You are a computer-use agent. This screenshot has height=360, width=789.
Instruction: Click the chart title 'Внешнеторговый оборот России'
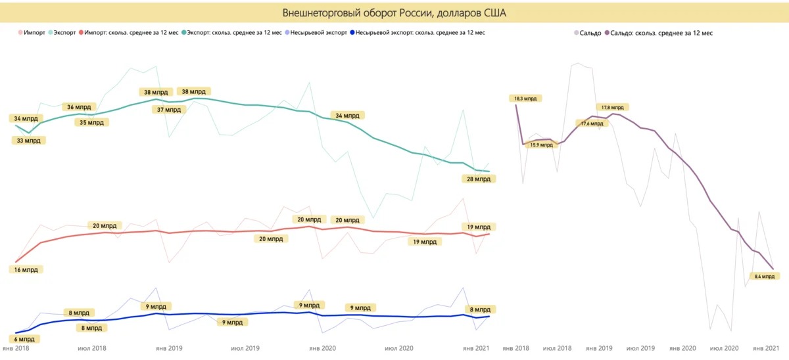click(x=394, y=12)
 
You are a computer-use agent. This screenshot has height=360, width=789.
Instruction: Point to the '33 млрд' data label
click(x=28, y=141)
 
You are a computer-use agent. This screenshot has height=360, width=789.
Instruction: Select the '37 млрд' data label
click(x=168, y=110)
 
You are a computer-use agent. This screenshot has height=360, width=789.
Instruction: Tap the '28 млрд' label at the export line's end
click(x=477, y=179)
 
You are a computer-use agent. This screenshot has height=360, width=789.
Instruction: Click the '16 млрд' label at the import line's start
click(x=28, y=269)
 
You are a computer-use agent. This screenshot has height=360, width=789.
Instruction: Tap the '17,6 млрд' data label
click(x=592, y=123)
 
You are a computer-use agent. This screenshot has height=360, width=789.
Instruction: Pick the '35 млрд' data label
click(x=91, y=122)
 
